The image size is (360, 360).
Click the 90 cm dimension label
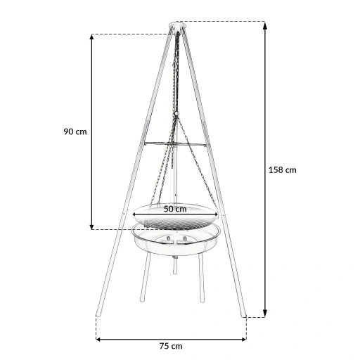tap(75, 131)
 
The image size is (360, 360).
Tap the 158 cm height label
tap(283, 169)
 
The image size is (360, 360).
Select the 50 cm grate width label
tap(175, 209)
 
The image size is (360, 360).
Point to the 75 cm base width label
tap(171, 345)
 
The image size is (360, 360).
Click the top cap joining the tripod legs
tap(176, 27)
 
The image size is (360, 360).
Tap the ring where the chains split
tap(176, 114)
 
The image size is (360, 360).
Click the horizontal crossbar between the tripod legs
tap(176, 145)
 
